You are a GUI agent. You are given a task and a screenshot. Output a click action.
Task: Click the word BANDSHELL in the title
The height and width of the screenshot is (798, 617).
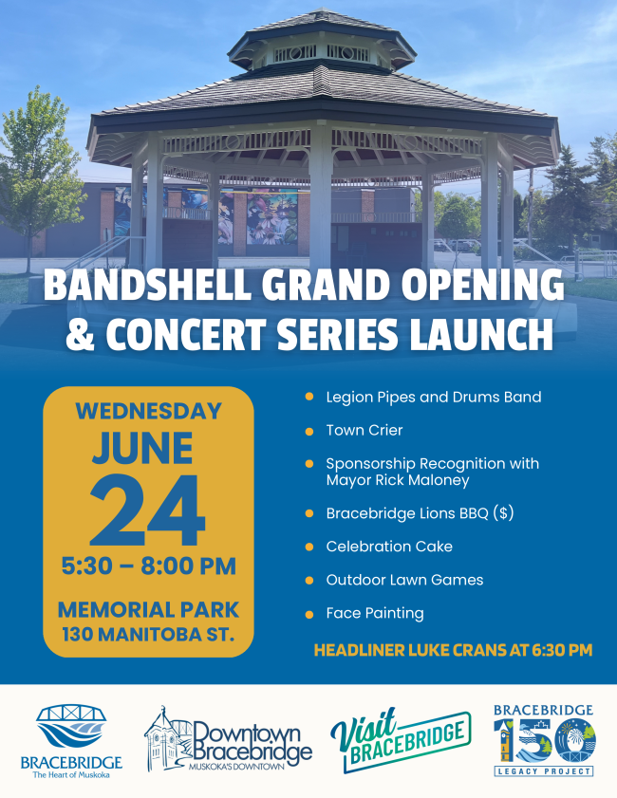point(148,285)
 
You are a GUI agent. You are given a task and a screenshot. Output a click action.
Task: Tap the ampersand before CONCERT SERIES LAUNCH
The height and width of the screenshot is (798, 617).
point(81,335)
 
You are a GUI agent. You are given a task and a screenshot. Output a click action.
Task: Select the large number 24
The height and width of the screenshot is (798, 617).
point(148,510)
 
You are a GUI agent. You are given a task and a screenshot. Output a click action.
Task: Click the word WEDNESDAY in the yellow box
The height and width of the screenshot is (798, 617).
point(149,411)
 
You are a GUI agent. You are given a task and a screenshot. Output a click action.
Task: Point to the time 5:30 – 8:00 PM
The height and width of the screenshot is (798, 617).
point(149,566)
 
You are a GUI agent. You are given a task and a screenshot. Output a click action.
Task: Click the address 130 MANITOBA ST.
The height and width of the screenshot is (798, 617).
point(149,635)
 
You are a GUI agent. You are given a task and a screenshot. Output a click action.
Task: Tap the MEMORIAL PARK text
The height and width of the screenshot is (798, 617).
point(149,610)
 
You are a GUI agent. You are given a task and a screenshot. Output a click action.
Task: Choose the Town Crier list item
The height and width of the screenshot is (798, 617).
point(364,431)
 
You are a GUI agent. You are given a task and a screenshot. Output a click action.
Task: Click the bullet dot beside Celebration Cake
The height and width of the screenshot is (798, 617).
point(309,547)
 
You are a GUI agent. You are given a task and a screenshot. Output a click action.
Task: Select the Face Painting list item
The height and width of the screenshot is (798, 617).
point(375,613)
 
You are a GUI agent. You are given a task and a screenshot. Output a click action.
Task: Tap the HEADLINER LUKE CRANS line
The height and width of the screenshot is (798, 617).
point(453,650)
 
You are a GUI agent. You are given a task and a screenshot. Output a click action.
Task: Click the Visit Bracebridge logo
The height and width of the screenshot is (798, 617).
point(401,739)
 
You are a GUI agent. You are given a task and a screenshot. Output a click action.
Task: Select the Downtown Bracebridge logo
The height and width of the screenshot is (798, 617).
point(228,739)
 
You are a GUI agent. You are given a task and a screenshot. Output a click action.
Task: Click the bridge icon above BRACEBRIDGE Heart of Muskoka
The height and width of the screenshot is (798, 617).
point(71,726)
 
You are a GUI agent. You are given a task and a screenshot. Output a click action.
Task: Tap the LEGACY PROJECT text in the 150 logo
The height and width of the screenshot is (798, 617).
point(544,771)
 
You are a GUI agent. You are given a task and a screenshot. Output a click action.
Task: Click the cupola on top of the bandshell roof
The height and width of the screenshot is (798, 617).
point(322,41)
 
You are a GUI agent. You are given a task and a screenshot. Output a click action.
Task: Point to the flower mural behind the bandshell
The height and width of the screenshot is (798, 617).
point(271,216)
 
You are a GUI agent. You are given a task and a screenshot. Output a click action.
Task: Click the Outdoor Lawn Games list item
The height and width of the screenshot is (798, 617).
point(404,580)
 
